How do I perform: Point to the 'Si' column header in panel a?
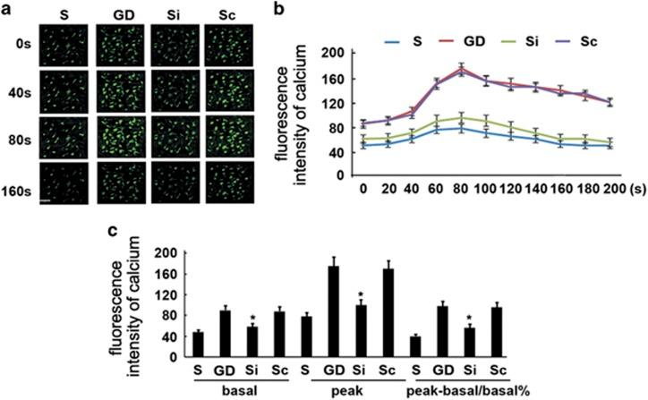175,14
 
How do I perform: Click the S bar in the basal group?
148,345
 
